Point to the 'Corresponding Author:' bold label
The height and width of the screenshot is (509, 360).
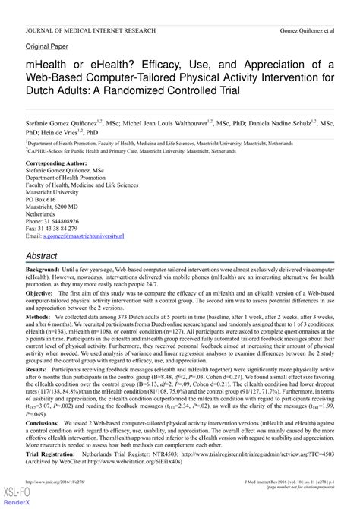(61, 142)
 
